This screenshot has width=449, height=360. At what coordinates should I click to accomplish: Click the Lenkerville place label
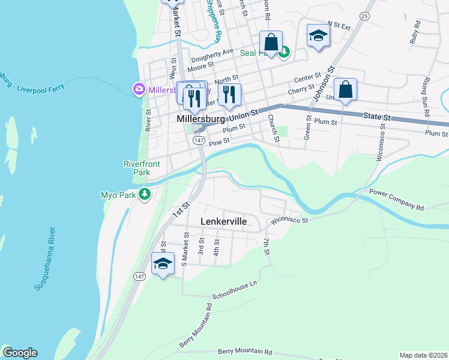tap(223, 221)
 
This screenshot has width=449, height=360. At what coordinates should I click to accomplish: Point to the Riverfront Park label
tap(136, 167)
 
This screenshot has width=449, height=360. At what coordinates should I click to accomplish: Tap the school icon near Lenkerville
tap(163, 263)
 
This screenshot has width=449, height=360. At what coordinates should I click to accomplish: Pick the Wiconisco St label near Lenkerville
tap(289, 220)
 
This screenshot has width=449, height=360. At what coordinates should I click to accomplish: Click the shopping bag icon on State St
tap(346, 90)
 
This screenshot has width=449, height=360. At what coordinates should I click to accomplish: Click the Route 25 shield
tap(364, 16)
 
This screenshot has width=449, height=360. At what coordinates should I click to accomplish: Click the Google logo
tap(20, 353)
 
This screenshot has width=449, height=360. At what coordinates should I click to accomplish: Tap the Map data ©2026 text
tap(423, 355)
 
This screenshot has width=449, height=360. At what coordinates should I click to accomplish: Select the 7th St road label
tap(266, 246)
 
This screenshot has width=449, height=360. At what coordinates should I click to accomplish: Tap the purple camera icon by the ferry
tap(139, 89)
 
